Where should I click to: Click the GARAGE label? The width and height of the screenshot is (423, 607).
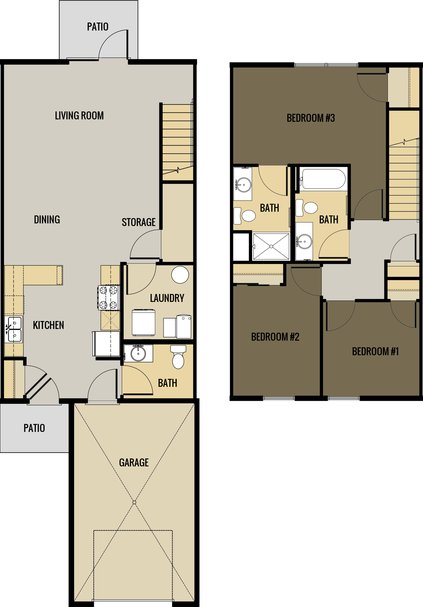point(134,463)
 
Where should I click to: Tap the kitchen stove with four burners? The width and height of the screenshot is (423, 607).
point(109,297)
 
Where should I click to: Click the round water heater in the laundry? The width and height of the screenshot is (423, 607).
point(180,275)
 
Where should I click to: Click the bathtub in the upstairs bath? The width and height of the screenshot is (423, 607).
point(323,179)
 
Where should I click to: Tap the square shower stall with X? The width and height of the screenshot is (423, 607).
point(271,246)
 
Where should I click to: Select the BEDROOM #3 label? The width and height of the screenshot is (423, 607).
point(311,118)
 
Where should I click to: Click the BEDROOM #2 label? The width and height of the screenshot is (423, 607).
point(275,337)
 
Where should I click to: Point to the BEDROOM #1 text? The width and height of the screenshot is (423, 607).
point(375,352)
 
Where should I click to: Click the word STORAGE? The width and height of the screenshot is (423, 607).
point(139,222)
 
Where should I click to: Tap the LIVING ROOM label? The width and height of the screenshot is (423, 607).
point(79,116)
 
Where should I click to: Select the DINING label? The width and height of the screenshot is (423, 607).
point(47,220)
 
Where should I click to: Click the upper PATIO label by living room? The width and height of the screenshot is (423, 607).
point(98,27)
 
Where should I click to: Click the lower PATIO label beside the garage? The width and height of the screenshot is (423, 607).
point(34,428)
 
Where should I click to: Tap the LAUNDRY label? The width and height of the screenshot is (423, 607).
point(167,298)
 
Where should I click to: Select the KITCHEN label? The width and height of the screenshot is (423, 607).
point(48,325)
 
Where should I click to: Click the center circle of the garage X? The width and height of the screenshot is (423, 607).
point(134,502)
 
